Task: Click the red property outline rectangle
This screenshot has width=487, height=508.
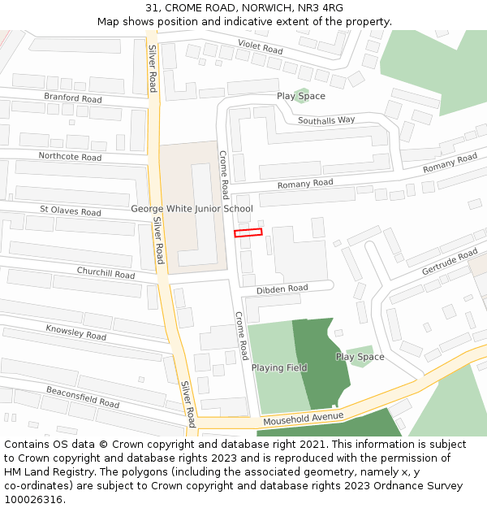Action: coord(248,232)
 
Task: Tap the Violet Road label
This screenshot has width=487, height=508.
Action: coord(260,46)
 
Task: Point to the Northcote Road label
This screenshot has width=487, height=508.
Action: coord(70,156)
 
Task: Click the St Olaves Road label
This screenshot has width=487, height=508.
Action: coord(71,211)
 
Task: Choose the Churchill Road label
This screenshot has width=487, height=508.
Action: coord(106,273)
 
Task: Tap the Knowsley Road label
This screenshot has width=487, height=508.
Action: coord(75,332)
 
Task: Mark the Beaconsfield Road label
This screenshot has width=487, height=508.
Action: coord(83,397)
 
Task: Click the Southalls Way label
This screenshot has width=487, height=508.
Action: coord(326,120)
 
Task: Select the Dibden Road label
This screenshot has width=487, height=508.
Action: coord(282,289)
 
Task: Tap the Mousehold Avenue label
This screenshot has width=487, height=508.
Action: coord(304,419)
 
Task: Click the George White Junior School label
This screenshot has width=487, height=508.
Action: coord(192,209)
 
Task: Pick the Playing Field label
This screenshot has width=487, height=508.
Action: coord(279,368)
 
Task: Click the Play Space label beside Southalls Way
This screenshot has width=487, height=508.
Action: coord(301,96)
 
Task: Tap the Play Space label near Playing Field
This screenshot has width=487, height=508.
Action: coord(360,357)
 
